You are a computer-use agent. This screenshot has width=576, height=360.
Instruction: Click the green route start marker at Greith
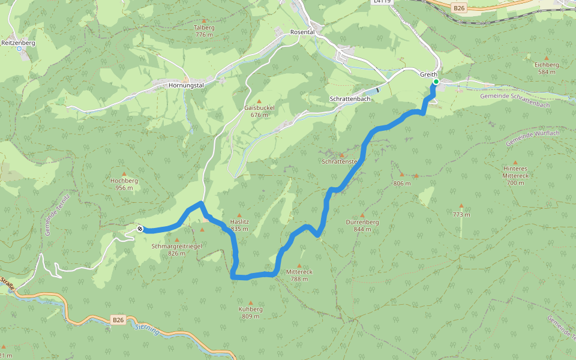tap(436, 82)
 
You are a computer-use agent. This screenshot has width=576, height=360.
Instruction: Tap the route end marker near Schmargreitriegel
tap(140, 229)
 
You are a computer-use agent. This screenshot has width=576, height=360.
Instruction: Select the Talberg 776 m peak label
tap(204, 31)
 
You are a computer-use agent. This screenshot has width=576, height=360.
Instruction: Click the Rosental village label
tap(302, 32)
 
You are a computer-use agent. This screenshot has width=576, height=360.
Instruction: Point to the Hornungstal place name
tap(187, 85)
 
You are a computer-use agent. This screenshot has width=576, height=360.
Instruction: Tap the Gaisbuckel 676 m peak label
tap(259, 111)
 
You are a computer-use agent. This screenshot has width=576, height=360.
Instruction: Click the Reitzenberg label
tap(19, 43)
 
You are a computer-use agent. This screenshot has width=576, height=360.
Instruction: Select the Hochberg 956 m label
tap(124, 184)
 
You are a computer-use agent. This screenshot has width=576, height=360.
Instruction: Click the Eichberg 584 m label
tap(547, 68)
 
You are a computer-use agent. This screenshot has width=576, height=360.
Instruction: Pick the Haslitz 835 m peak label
tap(239, 225)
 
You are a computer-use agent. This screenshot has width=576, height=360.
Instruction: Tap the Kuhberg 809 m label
tap(250, 313)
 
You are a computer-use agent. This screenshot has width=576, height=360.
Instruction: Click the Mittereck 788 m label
tap(299, 275)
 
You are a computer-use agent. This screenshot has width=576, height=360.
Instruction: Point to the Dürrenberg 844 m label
tap(362, 225)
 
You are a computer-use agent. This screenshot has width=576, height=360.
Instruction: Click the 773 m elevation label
tap(461, 214)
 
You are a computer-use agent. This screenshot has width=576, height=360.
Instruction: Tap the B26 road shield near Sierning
tap(118, 320)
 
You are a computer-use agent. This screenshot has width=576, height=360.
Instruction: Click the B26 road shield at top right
tap(459, 7)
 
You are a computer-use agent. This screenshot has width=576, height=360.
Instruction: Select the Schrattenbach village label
tap(350, 98)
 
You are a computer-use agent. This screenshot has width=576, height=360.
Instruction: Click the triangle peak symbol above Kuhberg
tap(250, 302)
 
